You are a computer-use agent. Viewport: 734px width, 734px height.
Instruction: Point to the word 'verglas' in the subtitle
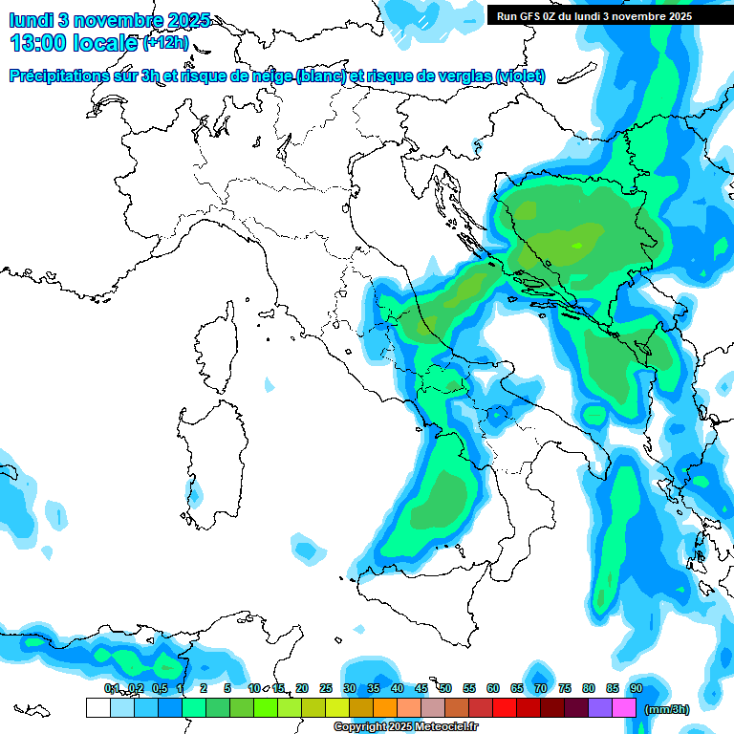pyautogui.click(x=462, y=76)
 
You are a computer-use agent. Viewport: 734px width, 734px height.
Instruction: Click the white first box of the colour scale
pyautogui.click(x=97, y=708)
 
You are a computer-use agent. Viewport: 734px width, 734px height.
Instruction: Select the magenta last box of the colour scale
pyautogui.click(x=624, y=708)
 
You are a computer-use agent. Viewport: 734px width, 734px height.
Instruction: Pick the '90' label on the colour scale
pyautogui.click(x=637, y=688)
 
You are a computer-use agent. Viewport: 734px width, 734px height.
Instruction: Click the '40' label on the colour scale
pyautogui.click(x=397, y=688)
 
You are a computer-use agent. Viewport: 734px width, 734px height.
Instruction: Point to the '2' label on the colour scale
pyautogui.click(x=204, y=688)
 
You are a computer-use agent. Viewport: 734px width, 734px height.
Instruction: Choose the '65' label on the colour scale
pyautogui.click(x=517, y=688)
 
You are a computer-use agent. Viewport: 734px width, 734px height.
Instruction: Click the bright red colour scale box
pyautogui.click(x=504, y=708)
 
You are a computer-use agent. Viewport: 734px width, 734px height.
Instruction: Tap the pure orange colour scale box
pyautogui.click(x=384, y=708)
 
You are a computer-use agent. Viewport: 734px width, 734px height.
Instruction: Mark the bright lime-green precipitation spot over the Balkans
pyautogui.click(x=577, y=246)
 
